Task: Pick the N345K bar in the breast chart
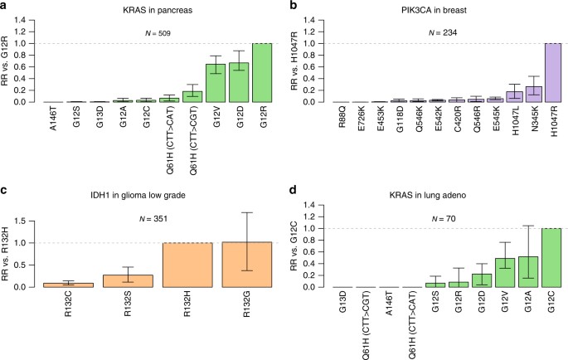[533, 94]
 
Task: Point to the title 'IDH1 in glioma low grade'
[142, 192]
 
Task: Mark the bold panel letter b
[293, 7]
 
